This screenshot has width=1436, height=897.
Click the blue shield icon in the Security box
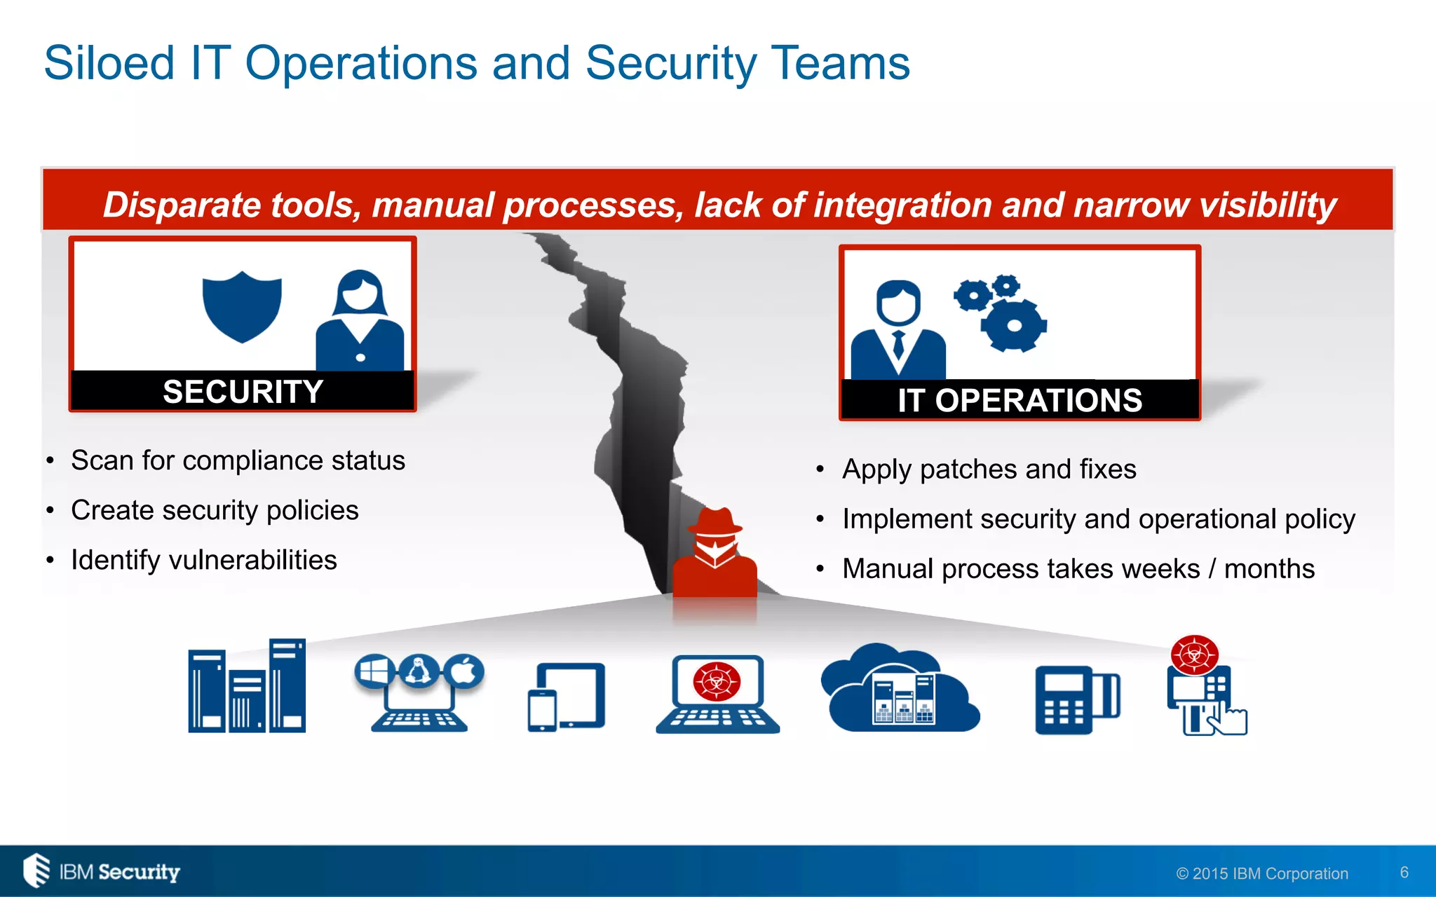242,306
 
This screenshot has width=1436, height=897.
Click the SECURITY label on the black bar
243,392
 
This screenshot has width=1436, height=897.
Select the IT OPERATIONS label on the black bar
1020,401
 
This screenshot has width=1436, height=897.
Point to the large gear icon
1013,325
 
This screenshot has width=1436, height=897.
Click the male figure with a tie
898,331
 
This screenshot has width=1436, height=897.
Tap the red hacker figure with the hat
714,554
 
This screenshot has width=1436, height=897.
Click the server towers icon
247,687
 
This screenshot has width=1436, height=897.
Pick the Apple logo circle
464,672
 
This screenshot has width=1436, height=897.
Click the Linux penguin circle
419,672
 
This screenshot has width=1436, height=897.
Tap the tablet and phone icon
566,697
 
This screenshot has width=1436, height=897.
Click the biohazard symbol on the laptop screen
717,681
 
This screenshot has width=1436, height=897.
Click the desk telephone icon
1076,699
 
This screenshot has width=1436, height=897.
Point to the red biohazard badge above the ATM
1194,655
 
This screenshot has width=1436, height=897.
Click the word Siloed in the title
109,63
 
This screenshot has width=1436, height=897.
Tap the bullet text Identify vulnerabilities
203,560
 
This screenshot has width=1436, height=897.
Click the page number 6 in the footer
1404,872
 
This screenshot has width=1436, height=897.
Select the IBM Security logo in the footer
102,871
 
